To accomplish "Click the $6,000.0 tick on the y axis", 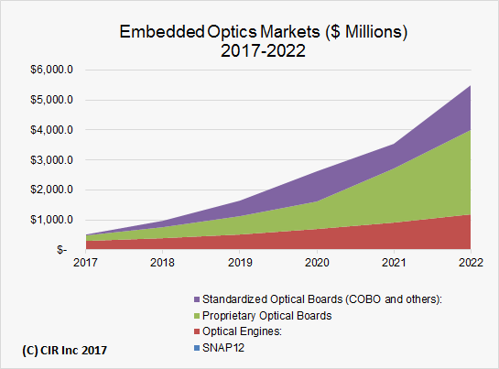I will point(53,70).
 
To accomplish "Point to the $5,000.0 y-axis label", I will point(53,100).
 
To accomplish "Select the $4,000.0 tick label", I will point(53,130).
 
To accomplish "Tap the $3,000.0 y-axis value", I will point(53,159).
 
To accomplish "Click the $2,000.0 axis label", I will point(53,190).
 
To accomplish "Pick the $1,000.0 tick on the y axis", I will point(53,220).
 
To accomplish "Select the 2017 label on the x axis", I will point(85,263).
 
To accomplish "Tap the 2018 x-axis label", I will point(162,263).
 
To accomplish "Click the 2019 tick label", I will point(239,263).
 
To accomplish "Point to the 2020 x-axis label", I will point(316,263).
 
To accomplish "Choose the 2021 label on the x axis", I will point(393,263).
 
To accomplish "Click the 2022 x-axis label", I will point(470,263).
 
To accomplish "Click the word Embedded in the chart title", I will point(157,32).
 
